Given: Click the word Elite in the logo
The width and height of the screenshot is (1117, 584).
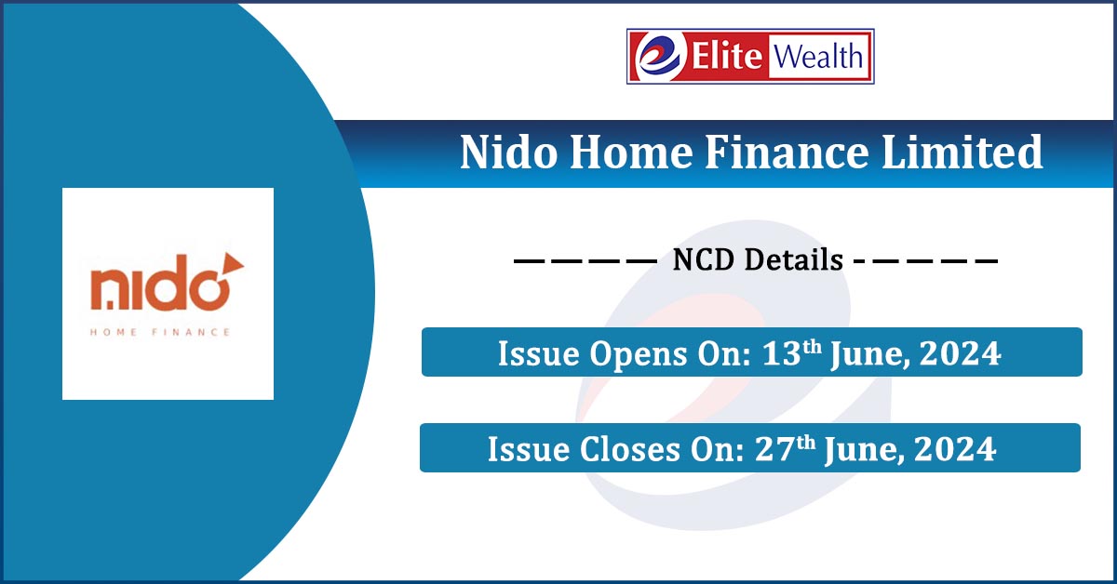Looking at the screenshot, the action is click(727, 56).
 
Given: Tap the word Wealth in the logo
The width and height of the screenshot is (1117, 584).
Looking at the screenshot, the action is click(818, 56).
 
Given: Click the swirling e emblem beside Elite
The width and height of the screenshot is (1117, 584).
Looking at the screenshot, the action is click(659, 56).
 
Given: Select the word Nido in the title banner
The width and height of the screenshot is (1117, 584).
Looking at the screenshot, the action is click(508, 152).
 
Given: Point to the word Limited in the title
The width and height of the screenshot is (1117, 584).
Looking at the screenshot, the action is click(962, 152).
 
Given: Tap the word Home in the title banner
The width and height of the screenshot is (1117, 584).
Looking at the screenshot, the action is click(631, 152).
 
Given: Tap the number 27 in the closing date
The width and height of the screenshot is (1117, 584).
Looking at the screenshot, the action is click(774, 449).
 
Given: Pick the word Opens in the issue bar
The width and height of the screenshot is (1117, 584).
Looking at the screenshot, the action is click(639, 355).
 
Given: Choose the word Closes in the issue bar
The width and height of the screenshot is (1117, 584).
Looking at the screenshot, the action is click(630, 449).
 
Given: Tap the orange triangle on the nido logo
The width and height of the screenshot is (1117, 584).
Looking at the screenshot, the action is click(232, 264).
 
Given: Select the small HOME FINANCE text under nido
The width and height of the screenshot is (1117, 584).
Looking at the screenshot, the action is click(159, 332).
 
